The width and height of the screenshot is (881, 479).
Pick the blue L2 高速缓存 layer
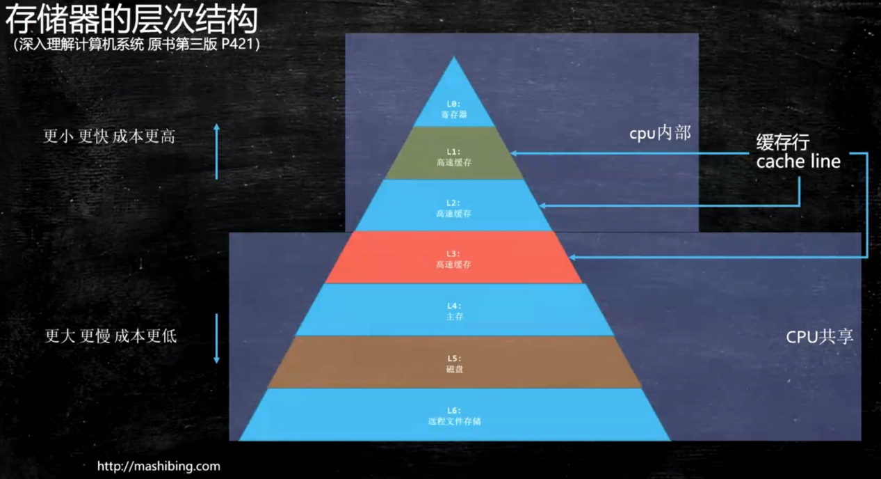[x=453, y=207]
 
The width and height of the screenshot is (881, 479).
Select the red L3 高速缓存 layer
[x=453, y=259]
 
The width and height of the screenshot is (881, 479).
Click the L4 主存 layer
[x=453, y=311]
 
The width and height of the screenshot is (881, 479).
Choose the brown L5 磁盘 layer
[x=454, y=363]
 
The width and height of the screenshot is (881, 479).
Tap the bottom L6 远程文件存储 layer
[x=454, y=416]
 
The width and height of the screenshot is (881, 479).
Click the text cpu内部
[x=660, y=133]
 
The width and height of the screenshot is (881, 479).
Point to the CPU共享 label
[x=820, y=337]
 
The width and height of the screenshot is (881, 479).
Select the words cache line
[x=798, y=162]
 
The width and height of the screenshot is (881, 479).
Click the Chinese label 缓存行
[x=782, y=143]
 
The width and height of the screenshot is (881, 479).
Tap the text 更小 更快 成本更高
[x=109, y=136]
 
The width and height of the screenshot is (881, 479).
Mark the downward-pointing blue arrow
[x=216, y=338]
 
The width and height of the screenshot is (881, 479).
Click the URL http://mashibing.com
[x=159, y=466]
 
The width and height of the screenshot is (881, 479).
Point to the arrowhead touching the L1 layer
[x=514, y=153]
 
